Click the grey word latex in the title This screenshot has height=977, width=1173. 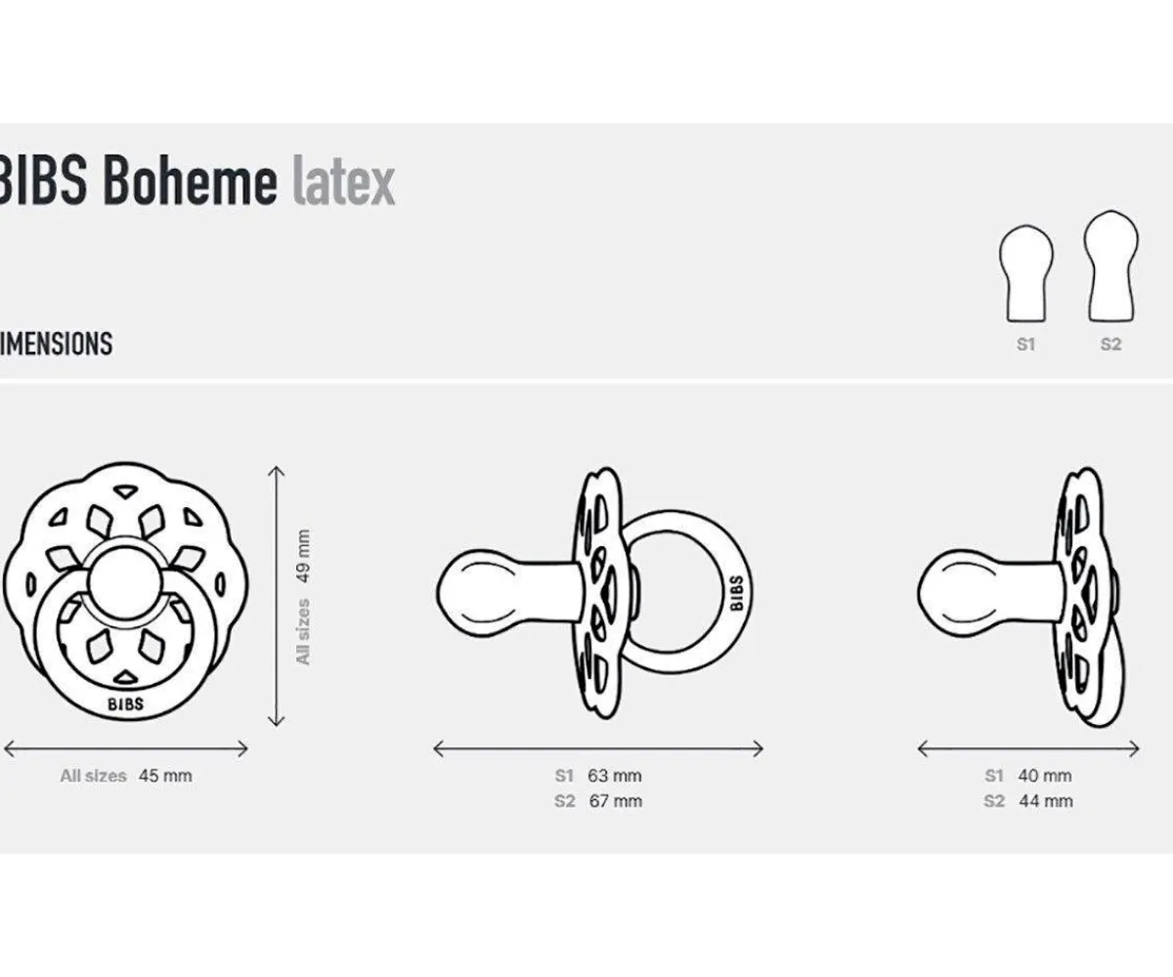(x=343, y=182)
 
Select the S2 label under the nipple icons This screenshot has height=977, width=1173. (x=1111, y=345)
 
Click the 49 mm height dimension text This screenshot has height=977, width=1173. (x=303, y=553)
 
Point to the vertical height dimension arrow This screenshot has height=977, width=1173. (x=278, y=596)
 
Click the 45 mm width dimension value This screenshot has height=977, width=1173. (x=165, y=776)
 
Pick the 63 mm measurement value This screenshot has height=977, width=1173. (x=615, y=776)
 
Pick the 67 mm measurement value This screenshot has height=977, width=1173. (x=615, y=801)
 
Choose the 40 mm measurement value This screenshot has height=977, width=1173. (x=1045, y=776)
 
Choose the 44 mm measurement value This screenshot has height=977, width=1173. (x=1045, y=801)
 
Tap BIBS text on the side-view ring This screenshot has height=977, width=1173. (x=735, y=593)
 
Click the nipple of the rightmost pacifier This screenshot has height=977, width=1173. (x=963, y=592)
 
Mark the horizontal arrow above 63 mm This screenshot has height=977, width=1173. (x=598, y=748)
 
